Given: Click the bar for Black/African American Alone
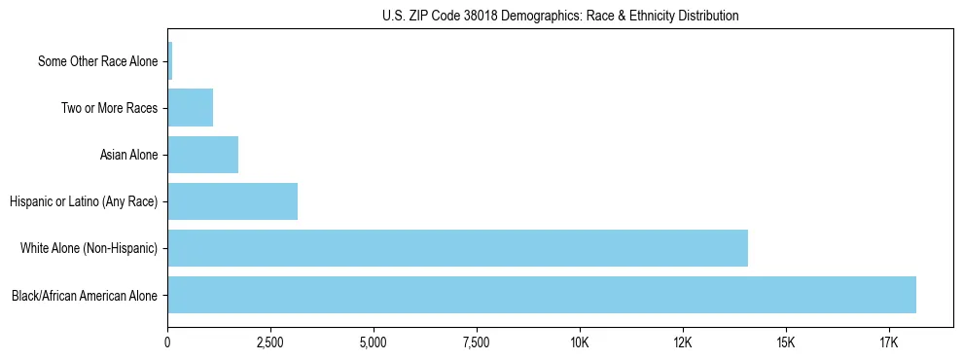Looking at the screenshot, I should pyautogui.click(x=542, y=295).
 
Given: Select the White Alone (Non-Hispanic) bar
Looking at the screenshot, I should pyautogui.click(x=457, y=248).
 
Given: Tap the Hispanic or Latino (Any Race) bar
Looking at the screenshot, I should pyautogui.click(x=232, y=201).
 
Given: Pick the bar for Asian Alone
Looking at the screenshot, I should pyautogui.click(x=202, y=155).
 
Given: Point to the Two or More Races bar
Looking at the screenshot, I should pyautogui.click(x=190, y=108).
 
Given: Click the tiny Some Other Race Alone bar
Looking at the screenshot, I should pyautogui.click(x=170, y=61).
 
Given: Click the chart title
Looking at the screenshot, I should pyautogui.click(x=560, y=16).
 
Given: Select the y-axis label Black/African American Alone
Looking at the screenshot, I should pyautogui.click(x=85, y=296).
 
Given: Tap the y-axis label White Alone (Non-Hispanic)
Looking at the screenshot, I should pyautogui.click(x=89, y=249).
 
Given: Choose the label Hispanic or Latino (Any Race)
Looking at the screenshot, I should pyautogui.click(x=84, y=202).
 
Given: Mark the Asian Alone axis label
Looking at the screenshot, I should pyautogui.click(x=128, y=156).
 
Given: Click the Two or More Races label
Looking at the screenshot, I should pyautogui.click(x=109, y=109).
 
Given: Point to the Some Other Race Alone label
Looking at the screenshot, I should pyautogui.click(x=97, y=62).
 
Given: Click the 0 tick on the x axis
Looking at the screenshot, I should pyautogui.click(x=168, y=343).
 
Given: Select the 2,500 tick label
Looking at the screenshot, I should pyautogui.click(x=270, y=343).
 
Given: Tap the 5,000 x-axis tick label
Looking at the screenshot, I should pyautogui.click(x=374, y=343).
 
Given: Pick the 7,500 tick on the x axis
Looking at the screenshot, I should pyautogui.click(x=477, y=343).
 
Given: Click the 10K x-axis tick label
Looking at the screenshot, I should pyautogui.click(x=580, y=343).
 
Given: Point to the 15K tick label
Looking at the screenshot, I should pyautogui.click(x=786, y=343).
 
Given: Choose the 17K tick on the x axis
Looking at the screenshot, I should pyautogui.click(x=889, y=343).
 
